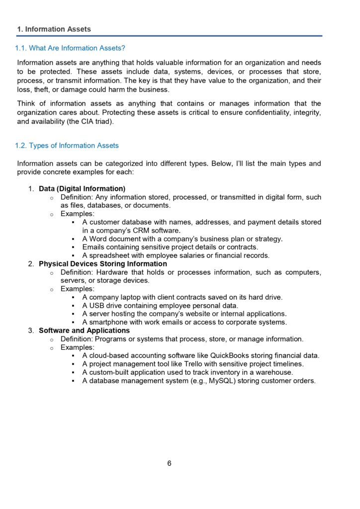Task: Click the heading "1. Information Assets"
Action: point(54,29)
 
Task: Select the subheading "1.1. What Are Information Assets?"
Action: point(70,48)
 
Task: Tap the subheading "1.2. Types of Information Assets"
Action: point(67,146)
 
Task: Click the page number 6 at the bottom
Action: point(169,463)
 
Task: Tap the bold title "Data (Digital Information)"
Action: point(82,189)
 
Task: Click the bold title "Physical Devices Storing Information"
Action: point(102,264)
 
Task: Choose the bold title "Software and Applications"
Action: point(84,331)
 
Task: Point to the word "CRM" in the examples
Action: point(137,231)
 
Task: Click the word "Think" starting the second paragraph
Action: point(27,104)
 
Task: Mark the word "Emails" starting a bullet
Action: point(93,247)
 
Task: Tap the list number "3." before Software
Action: point(31,331)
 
